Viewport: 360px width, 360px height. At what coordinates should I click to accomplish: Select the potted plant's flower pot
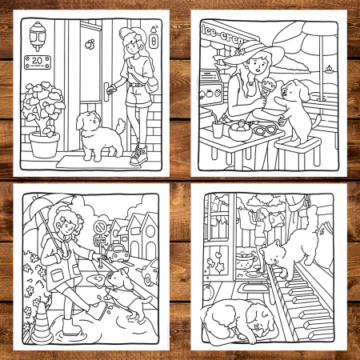44,144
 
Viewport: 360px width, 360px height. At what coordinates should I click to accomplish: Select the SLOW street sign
100,239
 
